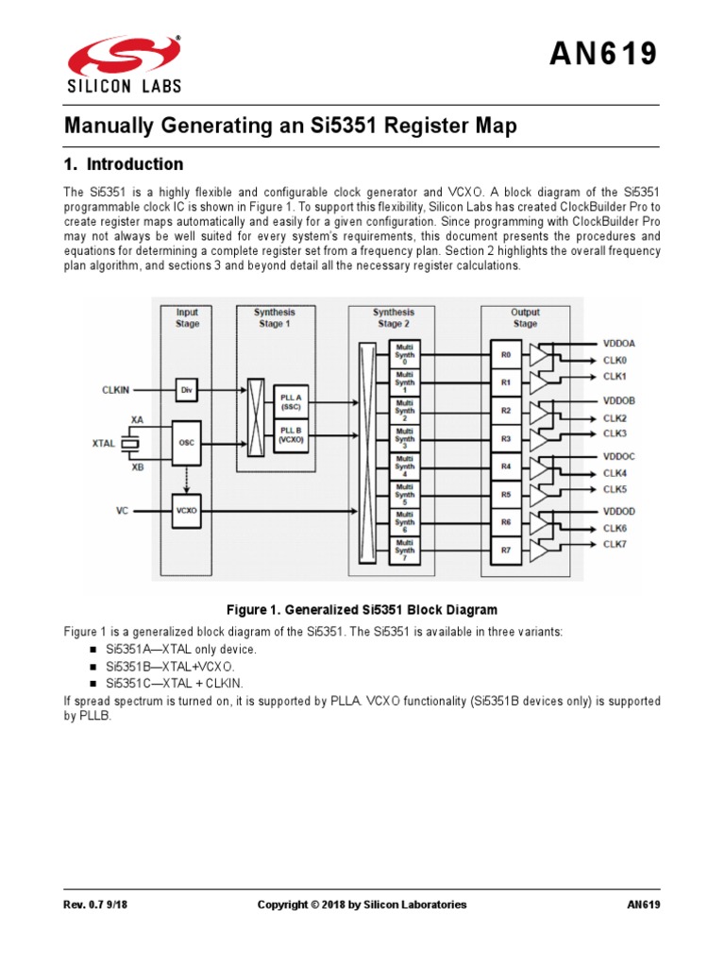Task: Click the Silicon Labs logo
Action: [123, 63]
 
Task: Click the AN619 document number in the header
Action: [604, 55]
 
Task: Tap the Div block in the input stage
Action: [187, 389]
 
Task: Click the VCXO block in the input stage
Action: [187, 510]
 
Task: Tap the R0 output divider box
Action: [506, 355]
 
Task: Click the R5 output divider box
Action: [506, 494]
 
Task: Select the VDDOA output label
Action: [620, 343]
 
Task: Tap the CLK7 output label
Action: [615, 545]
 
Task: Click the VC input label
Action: [122, 511]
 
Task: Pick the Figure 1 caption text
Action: [362, 610]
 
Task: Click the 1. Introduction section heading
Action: [123, 164]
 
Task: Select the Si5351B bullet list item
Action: [169, 667]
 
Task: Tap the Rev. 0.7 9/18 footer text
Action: [98, 905]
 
